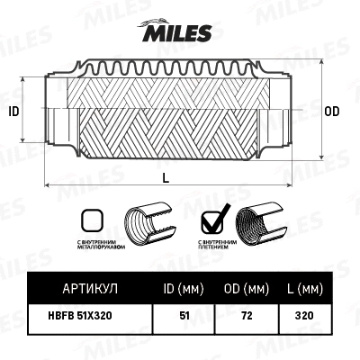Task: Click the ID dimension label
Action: [x=13, y=112]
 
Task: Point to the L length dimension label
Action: [x=166, y=176]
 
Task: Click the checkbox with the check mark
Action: [x=212, y=220]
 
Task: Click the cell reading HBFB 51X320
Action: [x=86, y=316]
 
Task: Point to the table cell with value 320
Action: [x=304, y=316]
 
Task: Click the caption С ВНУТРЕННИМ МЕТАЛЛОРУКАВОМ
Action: [x=90, y=247]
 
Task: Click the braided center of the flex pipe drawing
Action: [x=166, y=117]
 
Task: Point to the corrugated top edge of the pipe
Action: [x=166, y=66]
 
